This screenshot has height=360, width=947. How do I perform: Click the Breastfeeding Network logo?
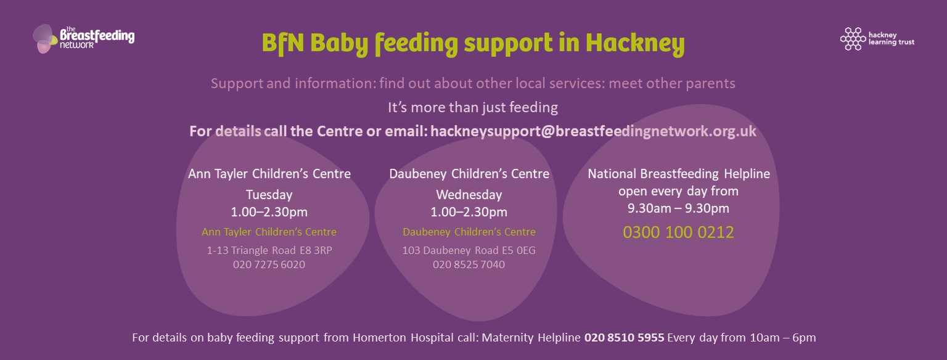pos(84,38)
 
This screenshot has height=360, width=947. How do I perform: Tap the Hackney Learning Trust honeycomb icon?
pos(853,39)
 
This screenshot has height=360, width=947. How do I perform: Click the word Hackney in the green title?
pos(635,43)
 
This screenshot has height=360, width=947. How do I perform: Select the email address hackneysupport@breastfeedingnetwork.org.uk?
pos(593,131)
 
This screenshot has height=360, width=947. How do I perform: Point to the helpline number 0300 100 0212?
pos(678,232)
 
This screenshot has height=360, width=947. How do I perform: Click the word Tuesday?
pos(269,195)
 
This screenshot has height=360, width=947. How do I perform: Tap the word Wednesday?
pos(469,195)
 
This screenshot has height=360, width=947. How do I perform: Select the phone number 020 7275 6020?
pos(269,264)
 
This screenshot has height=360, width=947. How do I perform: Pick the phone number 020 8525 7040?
pos(469,264)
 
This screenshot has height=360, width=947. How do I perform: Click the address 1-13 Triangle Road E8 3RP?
pos(269,250)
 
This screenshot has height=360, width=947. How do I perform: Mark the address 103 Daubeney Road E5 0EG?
pos(469,250)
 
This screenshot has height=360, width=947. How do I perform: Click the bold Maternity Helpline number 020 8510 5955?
pos(624,338)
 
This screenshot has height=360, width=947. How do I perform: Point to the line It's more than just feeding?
pos(473,107)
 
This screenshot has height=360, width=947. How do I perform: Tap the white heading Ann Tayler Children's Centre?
pos(269,174)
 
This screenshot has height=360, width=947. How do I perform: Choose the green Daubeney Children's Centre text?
pos(469,232)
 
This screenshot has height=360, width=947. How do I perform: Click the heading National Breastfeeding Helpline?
pos(679,174)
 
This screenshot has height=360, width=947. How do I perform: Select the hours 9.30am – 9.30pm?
pos(678,208)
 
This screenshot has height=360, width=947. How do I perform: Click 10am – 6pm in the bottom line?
pos(782,338)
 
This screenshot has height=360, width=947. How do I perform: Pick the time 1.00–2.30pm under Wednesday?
pos(469,211)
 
